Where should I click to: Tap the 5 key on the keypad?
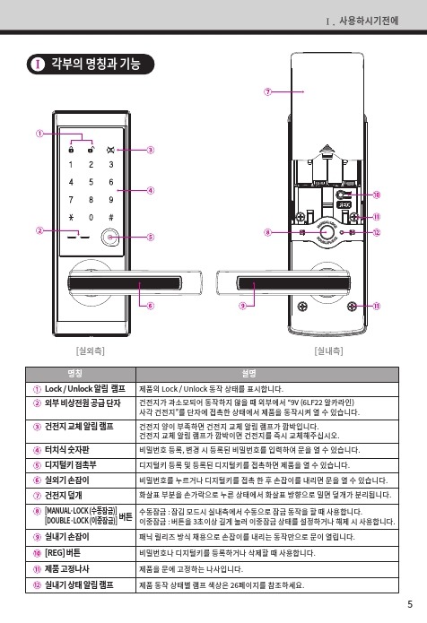pos(91,182)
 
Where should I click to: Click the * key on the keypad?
pos(71,217)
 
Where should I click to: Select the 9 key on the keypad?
pos(111,200)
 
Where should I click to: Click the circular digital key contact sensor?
pos(110,238)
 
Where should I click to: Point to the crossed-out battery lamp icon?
pos(110,150)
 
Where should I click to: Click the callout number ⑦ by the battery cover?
pos(268,91)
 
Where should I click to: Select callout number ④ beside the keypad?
pos(151,190)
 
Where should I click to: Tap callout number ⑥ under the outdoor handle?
pos(151,306)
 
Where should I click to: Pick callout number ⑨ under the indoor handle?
pos(242,306)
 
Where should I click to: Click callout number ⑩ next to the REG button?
pos(377,195)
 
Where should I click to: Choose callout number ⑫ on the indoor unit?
pos(377,232)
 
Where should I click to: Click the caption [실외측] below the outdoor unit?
pos(91,350)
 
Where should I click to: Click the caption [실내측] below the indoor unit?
pos(328,350)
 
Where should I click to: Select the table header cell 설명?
pos(249,374)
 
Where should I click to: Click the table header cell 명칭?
pos(75,374)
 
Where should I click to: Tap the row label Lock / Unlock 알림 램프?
pos(84,388)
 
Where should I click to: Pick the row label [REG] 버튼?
pos(63,553)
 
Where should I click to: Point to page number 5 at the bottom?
pos(410,604)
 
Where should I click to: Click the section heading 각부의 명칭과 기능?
pos(96,64)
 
